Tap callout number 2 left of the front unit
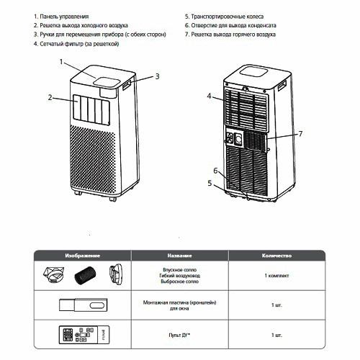tap(50, 96)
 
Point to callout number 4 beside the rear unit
tap(209, 95)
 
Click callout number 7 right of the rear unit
tap(300, 133)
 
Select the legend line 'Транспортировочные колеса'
tap(231, 14)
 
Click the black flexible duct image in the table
tap(85, 276)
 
